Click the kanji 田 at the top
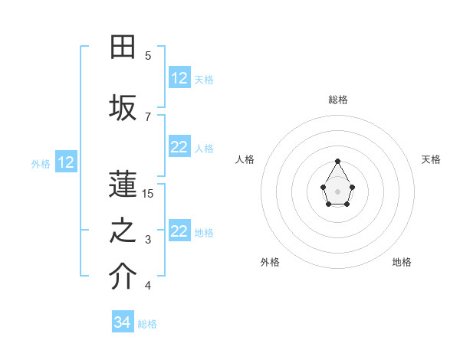(x=123, y=47)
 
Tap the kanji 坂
(x=123, y=107)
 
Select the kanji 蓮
(x=123, y=183)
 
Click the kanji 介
(x=123, y=277)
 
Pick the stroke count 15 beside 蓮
(x=148, y=194)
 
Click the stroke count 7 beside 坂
(x=148, y=117)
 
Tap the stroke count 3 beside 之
(x=148, y=241)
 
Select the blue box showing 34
(x=122, y=323)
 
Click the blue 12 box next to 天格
(x=179, y=78)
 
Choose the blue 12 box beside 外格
(x=65, y=162)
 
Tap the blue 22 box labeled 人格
(x=179, y=148)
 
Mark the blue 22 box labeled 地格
(x=179, y=232)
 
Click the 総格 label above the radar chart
(x=338, y=100)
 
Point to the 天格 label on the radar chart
(x=431, y=159)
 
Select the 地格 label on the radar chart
(x=402, y=262)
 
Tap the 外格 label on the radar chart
(x=270, y=262)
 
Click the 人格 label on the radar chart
(x=245, y=159)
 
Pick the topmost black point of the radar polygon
(x=337, y=161)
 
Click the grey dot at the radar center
(x=337, y=190)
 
